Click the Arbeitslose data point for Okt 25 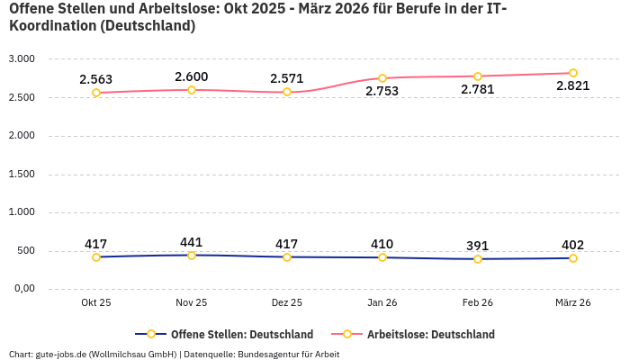[96, 93]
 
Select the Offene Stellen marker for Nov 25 [192, 256]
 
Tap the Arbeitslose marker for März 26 [573, 73]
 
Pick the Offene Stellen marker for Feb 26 [478, 259]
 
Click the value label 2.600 [192, 76]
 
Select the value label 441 [192, 242]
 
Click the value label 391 [478, 246]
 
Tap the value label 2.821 [573, 86]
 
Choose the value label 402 [573, 245]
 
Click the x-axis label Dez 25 [287, 303]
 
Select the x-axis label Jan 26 [382, 303]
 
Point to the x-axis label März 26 [573, 303]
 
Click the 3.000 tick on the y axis [21, 59]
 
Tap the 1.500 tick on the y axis [21, 175]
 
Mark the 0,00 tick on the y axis [22, 289]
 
